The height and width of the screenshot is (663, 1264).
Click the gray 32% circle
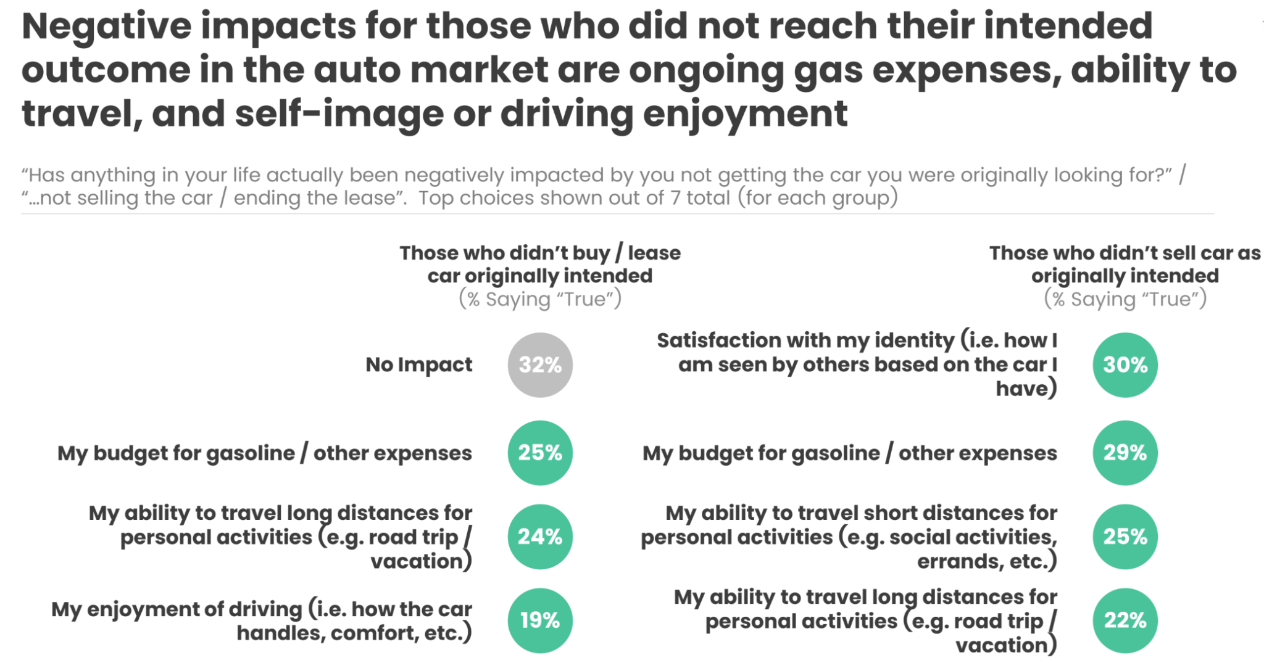[x=540, y=365]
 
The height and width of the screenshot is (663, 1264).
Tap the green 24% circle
[x=540, y=537]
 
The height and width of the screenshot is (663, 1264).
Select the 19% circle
[x=540, y=620]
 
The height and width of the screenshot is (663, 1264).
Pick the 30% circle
[x=1125, y=365]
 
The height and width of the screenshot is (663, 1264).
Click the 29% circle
[x=1125, y=453]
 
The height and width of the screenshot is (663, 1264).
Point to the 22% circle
[x=1125, y=620]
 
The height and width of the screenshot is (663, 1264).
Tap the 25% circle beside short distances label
[x=1125, y=537]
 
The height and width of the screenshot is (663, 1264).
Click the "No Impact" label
[x=418, y=365]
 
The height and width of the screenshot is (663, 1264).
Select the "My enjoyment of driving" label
[x=262, y=620]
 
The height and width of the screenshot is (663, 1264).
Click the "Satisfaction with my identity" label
[x=857, y=364]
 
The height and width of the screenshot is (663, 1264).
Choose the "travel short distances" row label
[x=849, y=537]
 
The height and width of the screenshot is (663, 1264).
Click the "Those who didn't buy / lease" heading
[x=540, y=253]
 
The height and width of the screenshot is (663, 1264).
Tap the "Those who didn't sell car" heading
[x=1125, y=253]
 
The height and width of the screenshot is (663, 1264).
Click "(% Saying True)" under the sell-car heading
[x=1125, y=299]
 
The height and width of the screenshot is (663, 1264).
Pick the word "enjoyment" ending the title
[x=746, y=114]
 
